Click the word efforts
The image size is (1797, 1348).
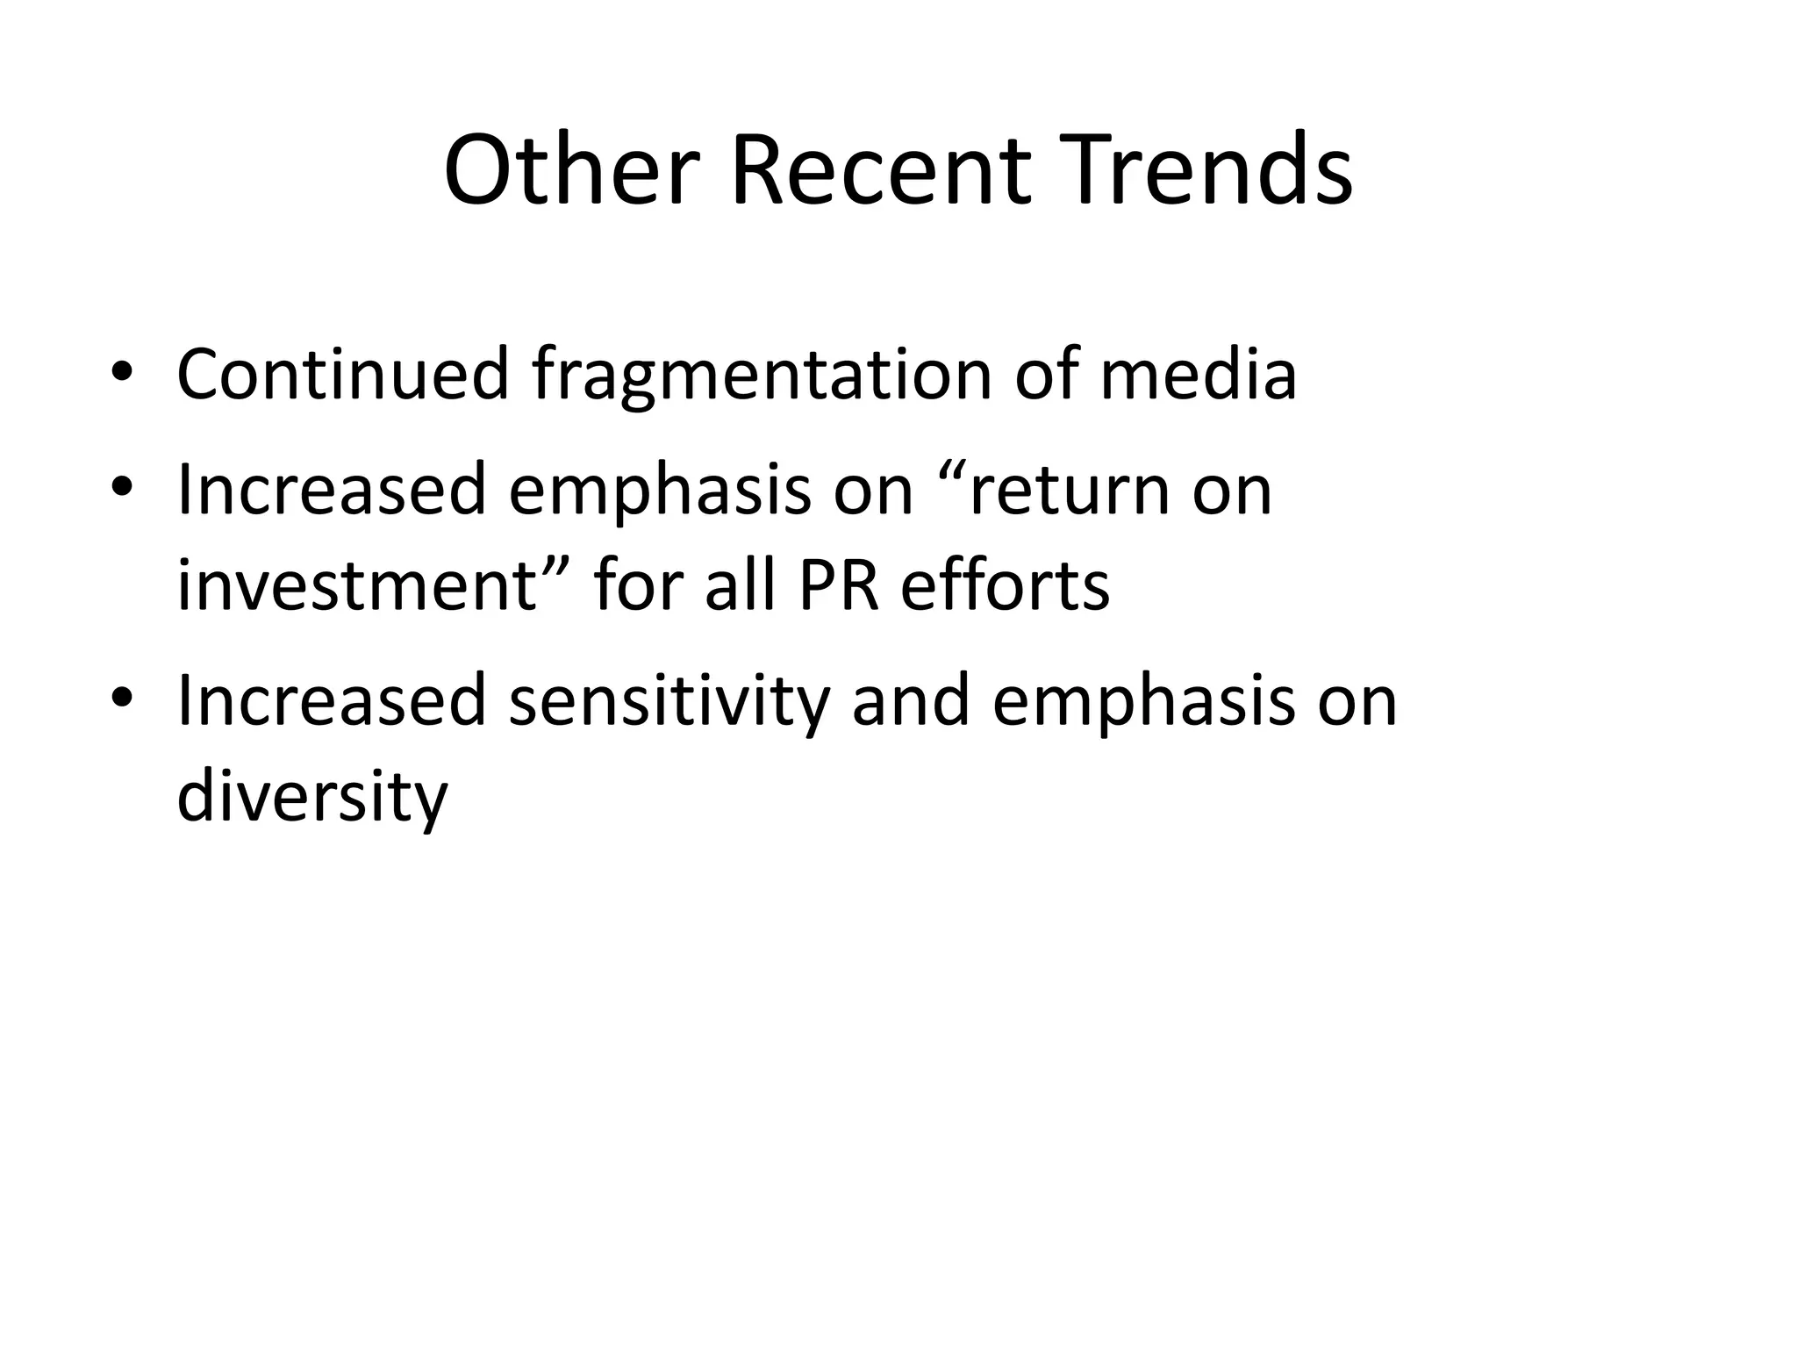(x=1005, y=585)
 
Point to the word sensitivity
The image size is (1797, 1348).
(x=669, y=701)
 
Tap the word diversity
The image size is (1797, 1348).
(x=312, y=798)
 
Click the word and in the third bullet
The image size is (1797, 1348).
(x=911, y=699)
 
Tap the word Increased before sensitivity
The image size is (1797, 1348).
(x=332, y=699)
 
